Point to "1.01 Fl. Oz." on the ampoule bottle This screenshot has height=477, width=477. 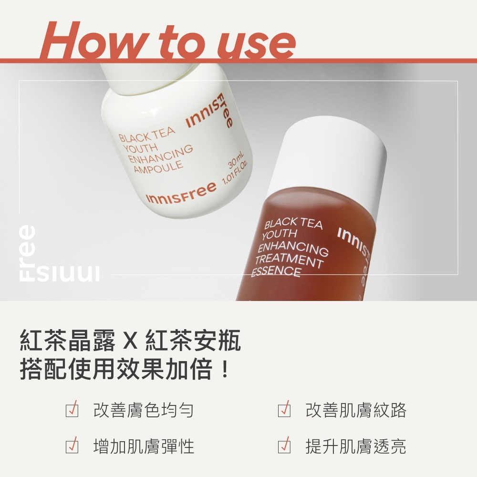[x=235, y=173]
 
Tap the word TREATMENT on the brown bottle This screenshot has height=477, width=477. [x=289, y=260]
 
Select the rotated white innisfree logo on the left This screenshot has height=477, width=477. [x=59, y=254]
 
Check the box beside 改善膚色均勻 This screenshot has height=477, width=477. [x=72, y=409]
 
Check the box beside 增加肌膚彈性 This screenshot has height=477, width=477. [x=72, y=446]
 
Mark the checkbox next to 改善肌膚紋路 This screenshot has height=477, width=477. [x=284, y=409]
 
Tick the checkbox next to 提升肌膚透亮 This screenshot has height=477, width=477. [x=284, y=446]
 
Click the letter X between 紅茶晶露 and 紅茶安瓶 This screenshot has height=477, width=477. [x=131, y=341]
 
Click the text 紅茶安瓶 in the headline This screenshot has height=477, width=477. [x=194, y=340]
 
